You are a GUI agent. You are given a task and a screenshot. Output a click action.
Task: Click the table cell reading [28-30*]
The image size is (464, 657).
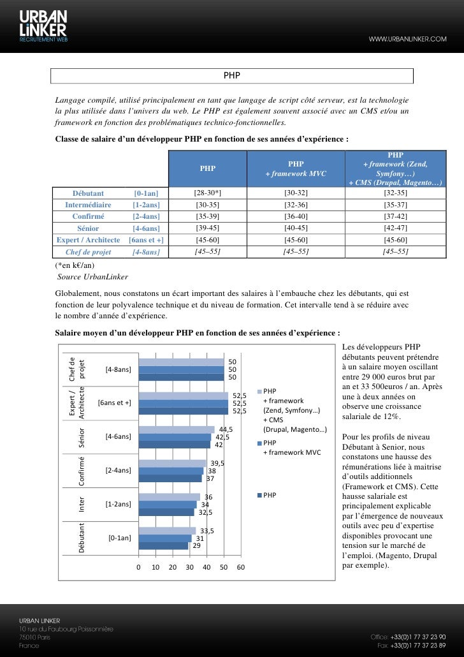[207, 193]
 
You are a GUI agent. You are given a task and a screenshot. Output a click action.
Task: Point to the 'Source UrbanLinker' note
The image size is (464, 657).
[92, 277]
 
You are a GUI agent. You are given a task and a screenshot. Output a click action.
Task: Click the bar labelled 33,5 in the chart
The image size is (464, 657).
[167, 531]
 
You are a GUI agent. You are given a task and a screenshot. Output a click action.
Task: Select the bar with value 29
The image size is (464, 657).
[163, 545]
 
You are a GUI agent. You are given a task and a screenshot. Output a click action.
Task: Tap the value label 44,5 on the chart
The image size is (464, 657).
[226, 429]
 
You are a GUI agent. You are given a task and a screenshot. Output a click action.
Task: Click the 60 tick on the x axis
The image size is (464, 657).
[240, 568]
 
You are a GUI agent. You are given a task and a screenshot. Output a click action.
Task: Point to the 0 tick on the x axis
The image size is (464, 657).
[138, 568]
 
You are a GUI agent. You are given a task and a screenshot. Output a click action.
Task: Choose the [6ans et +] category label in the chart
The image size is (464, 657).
[115, 402]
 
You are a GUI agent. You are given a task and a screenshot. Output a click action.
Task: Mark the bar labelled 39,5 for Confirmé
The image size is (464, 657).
[172, 463]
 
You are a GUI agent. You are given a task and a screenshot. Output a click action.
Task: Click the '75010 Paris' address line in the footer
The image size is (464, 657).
[34, 637]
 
